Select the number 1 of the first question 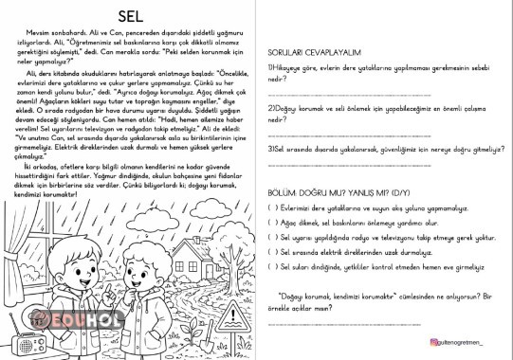click(269, 68)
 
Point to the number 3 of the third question click(269, 149)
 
